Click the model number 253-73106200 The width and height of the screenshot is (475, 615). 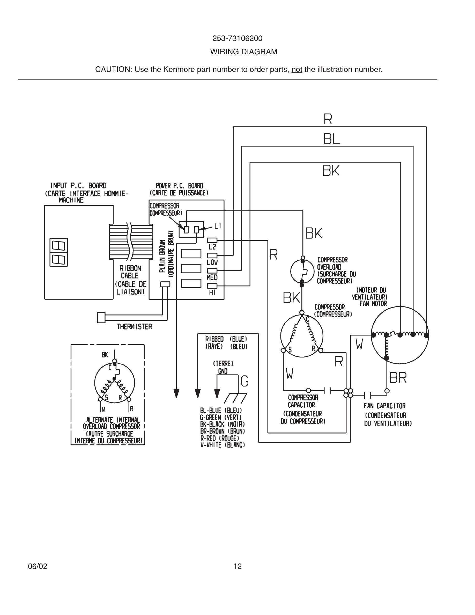pyautogui.click(x=237, y=39)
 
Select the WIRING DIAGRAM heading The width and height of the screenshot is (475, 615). pyautogui.click(x=244, y=52)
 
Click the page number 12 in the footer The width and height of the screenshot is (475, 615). pyautogui.click(x=237, y=566)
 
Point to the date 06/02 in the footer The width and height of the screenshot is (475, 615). pyautogui.click(x=38, y=566)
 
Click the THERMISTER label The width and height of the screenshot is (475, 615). pyautogui.click(x=135, y=327)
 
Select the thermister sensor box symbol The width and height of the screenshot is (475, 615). pyautogui.click(x=101, y=318)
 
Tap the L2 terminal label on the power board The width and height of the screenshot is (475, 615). pyautogui.click(x=212, y=247)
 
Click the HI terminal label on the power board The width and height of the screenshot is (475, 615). pyautogui.click(x=212, y=292)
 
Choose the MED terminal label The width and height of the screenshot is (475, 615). pyautogui.click(x=212, y=277)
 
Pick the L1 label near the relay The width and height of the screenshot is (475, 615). pyautogui.click(x=218, y=226)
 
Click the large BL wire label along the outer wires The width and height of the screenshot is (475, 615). pyautogui.click(x=331, y=139)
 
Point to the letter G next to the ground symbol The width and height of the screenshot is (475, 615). pyautogui.click(x=244, y=381)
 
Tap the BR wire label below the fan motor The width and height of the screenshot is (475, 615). pyautogui.click(x=398, y=378)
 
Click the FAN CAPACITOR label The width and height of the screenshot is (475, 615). pyautogui.click(x=384, y=406)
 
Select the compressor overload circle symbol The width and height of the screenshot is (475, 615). pyautogui.click(x=302, y=271)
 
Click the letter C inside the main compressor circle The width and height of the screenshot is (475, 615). pyautogui.click(x=308, y=319)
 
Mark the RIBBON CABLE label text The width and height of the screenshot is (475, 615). pyautogui.click(x=130, y=272)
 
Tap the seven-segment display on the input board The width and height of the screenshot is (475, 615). pyautogui.click(x=58, y=252)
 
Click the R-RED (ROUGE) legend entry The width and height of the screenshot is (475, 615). pyautogui.click(x=219, y=438)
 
